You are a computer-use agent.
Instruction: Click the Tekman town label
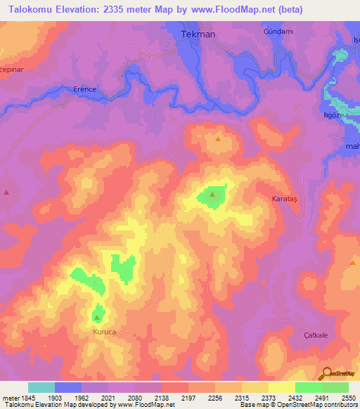tap(198, 34)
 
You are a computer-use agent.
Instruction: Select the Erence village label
tap(84, 89)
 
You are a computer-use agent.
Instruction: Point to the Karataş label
tap(285, 200)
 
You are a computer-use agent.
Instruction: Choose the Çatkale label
tap(316, 336)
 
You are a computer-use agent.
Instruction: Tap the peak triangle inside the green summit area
tap(212, 194)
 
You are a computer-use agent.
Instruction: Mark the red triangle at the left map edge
tap(6, 192)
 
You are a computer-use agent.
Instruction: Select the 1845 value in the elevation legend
tap(18, 398)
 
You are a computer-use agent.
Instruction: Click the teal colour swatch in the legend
tap(41, 387)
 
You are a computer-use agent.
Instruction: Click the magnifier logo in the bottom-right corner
tap(326, 372)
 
